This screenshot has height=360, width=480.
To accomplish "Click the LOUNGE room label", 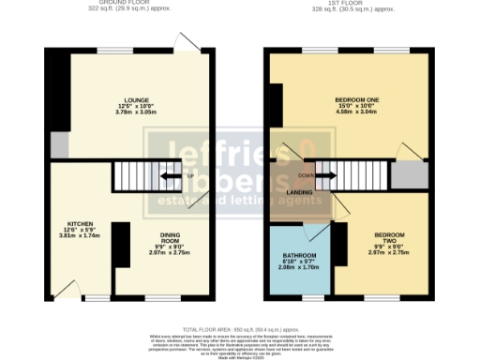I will click(x=131, y=98).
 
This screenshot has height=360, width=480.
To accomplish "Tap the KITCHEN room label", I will click(x=67, y=225).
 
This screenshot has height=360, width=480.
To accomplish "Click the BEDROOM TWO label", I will click(x=388, y=235).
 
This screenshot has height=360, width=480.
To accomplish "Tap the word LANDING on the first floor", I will click(x=299, y=192).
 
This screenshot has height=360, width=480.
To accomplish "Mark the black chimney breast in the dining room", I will click(x=122, y=246).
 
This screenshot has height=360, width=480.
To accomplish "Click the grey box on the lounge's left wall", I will click(x=60, y=145).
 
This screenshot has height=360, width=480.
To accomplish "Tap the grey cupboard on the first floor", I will click(x=408, y=175).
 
